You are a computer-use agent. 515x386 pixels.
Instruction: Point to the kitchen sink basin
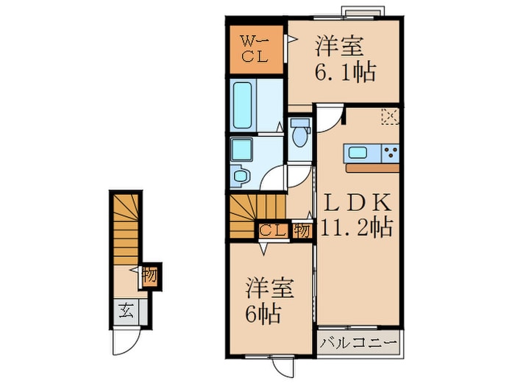point(358,153)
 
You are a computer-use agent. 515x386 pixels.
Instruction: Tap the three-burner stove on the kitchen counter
point(390,153)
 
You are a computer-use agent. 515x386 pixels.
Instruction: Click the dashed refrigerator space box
point(389,115)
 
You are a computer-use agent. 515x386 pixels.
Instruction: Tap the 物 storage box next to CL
point(302,230)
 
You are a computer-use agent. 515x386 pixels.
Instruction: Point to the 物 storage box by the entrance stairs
point(149,277)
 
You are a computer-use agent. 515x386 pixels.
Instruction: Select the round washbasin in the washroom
point(240,176)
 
